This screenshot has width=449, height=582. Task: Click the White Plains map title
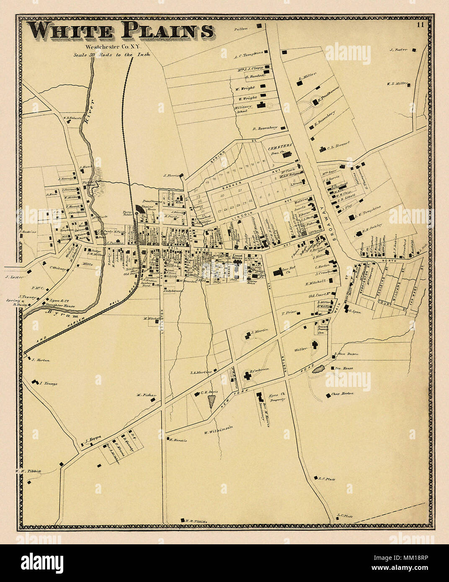click(121, 32)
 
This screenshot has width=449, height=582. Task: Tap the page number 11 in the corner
click(420, 24)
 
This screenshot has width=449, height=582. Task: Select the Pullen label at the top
click(241, 28)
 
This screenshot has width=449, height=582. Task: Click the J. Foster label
click(398, 50)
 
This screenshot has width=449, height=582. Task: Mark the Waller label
click(301, 348)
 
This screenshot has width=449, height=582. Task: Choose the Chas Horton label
click(342, 394)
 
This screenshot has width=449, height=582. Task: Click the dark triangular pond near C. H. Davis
click(212, 400)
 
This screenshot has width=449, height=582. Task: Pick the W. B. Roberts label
click(72, 118)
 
